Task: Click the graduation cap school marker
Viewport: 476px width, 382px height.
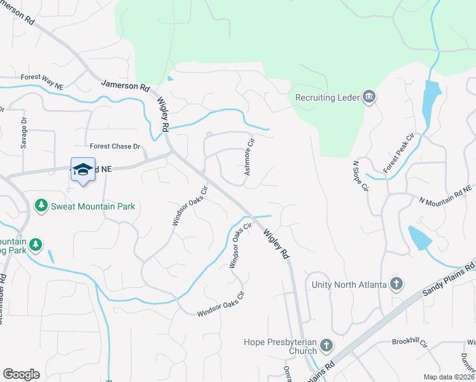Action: tap(83, 170)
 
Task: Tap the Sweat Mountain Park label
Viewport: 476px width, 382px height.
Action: tap(93, 206)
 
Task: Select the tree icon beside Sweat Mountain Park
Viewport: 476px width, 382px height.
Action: tap(41, 206)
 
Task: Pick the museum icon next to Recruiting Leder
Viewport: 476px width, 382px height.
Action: tap(368, 97)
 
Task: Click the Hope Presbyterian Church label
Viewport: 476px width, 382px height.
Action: tap(281, 346)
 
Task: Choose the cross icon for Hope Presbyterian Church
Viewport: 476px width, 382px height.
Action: tap(326, 346)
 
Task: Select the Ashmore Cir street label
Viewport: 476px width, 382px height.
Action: tap(249, 158)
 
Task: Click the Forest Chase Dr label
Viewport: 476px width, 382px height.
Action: tap(115, 146)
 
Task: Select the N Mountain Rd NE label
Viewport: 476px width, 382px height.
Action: tap(445, 194)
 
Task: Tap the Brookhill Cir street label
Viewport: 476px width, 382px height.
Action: tap(409, 342)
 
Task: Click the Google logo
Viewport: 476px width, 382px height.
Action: tap(21, 374)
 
